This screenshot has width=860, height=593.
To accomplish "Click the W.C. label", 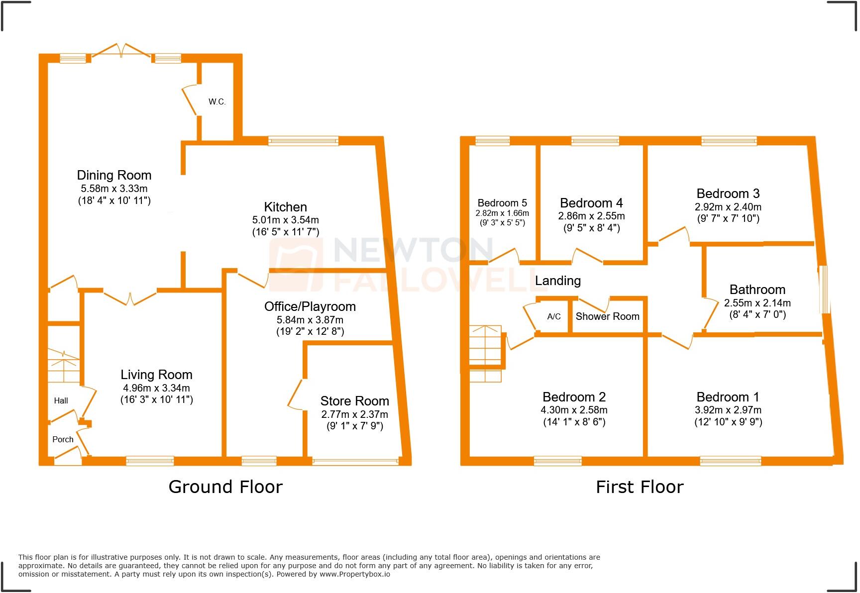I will [x=217, y=102].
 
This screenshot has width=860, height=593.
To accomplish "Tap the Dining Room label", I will [x=114, y=175].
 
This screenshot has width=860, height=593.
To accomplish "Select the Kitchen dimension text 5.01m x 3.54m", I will [x=285, y=220].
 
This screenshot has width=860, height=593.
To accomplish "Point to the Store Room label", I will [x=354, y=401].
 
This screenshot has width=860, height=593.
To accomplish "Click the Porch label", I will [x=63, y=439].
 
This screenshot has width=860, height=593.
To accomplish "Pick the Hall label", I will [x=61, y=400].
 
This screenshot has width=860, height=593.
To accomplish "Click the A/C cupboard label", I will [x=554, y=316].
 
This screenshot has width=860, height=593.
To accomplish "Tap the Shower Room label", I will [x=607, y=316].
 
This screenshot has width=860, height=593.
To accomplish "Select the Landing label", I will [x=557, y=281].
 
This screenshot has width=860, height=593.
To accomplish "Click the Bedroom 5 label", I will [x=502, y=203].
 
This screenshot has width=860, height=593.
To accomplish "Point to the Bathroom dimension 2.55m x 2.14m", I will [x=757, y=302].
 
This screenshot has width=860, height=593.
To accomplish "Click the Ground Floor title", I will [x=225, y=487].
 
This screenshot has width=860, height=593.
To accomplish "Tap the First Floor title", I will [x=640, y=487].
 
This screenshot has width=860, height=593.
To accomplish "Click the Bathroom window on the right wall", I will [x=825, y=289].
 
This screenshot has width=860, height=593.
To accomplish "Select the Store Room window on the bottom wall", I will [x=355, y=462].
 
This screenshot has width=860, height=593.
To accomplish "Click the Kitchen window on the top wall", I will [x=303, y=141].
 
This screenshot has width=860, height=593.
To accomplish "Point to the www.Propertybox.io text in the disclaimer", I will [x=354, y=574].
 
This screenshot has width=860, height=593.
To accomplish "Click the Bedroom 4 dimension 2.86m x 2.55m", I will [x=591, y=216].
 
